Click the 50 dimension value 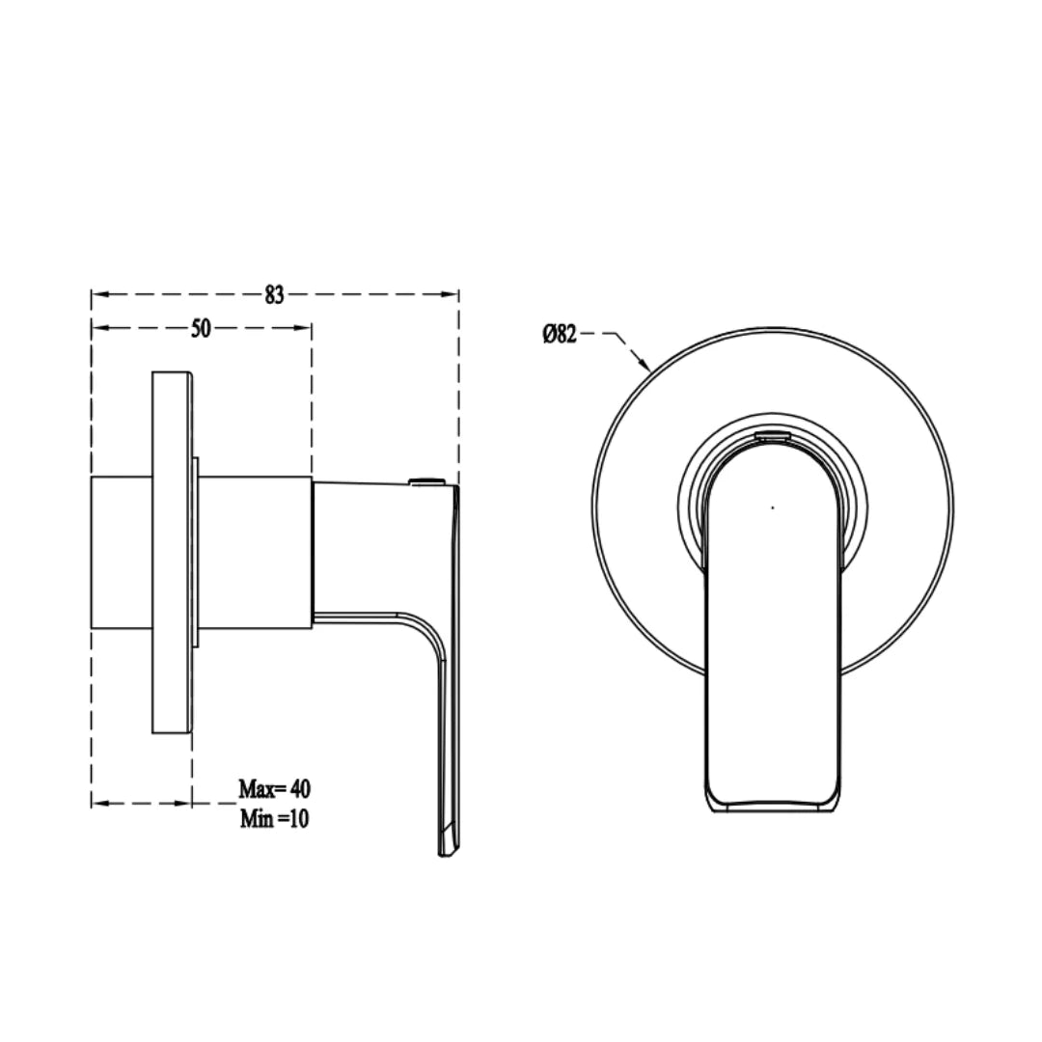201,328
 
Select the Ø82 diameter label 560,335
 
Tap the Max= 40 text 275,788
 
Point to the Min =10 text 275,819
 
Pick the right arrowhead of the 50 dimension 305,328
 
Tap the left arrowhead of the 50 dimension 97,328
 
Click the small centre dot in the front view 772,505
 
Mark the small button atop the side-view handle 425,480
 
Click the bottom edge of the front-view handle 772,809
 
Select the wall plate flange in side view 172,555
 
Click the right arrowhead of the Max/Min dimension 185,803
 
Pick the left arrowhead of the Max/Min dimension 97,803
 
